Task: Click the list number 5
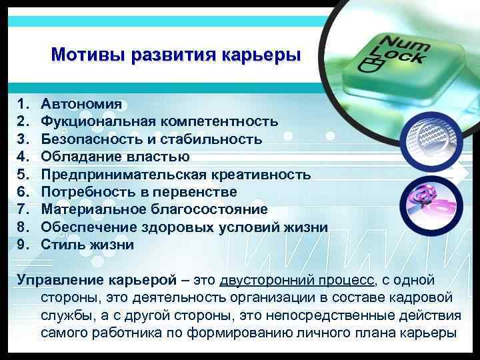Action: pyautogui.click(x=23, y=175)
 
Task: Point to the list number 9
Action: pyautogui.click(x=23, y=245)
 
